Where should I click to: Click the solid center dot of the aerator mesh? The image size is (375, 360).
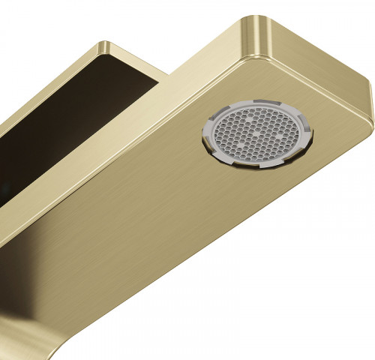point(256,136)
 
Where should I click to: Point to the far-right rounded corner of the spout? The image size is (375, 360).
point(366,105)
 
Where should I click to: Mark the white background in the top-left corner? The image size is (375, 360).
point(22,22)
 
